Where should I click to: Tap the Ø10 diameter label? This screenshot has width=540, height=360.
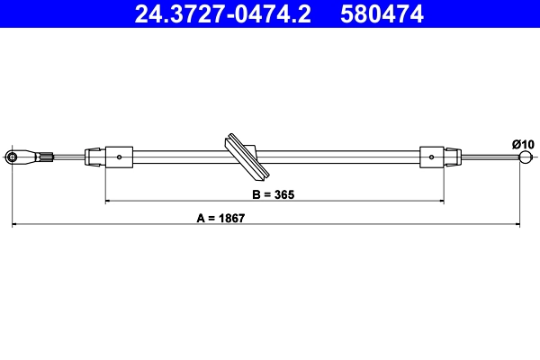coord(523,144)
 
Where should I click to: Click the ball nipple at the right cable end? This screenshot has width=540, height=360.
coord(525,159)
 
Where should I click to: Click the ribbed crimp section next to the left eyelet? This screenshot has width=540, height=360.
coord(45,158)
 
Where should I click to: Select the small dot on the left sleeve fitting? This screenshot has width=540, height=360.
coord(120,157)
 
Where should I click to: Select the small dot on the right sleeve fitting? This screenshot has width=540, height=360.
coord(433,158)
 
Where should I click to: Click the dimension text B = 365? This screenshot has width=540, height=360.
coord(273,194)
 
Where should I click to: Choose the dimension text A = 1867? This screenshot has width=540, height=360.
coord(220,217)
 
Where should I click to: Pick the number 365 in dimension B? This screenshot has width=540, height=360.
coord(285,194)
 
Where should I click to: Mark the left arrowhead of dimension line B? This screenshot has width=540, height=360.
coord(109,202)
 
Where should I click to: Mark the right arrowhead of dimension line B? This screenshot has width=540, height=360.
coord(440,202)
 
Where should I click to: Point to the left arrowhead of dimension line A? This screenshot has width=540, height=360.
coord(14,224)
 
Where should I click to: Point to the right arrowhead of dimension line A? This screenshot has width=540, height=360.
coord(520,224)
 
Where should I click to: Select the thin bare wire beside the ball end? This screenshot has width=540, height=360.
coord(490,159)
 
